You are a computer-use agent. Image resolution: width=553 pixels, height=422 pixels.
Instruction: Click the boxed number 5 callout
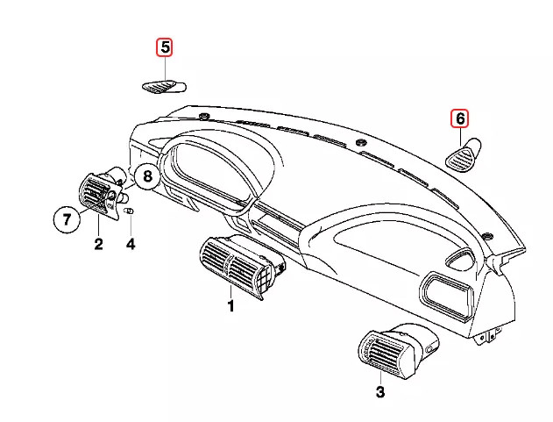pyautogui.click(x=164, y=47)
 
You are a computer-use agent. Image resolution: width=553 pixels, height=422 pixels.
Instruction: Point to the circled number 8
pyautogui.click(x=147, y=176)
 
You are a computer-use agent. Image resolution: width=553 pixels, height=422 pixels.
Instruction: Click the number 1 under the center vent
pyautogui.click(x=231, y=306)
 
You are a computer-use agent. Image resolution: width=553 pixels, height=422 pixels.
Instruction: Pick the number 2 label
pyautogui.click(x=98, y=245)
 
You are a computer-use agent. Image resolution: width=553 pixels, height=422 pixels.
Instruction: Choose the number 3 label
pyautogui.click(x=379, y=392)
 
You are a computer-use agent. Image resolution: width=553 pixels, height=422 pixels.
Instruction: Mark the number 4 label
pyautogui.click(x=131, y=245)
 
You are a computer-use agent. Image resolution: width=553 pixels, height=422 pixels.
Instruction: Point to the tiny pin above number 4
pyautogui.click(x=130, y=211)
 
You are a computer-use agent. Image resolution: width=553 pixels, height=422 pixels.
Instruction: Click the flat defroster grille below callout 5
pyautogui.click(x=164, y=86)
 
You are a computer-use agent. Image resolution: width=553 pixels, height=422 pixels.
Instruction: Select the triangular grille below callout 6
pyautogui.click(x=462, y=155)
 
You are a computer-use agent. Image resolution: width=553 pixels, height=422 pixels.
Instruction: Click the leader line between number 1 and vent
pyautogui.click(x=231, y=290)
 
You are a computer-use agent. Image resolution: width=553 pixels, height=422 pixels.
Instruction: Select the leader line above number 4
pyautogui.click(x=131, y=226)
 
